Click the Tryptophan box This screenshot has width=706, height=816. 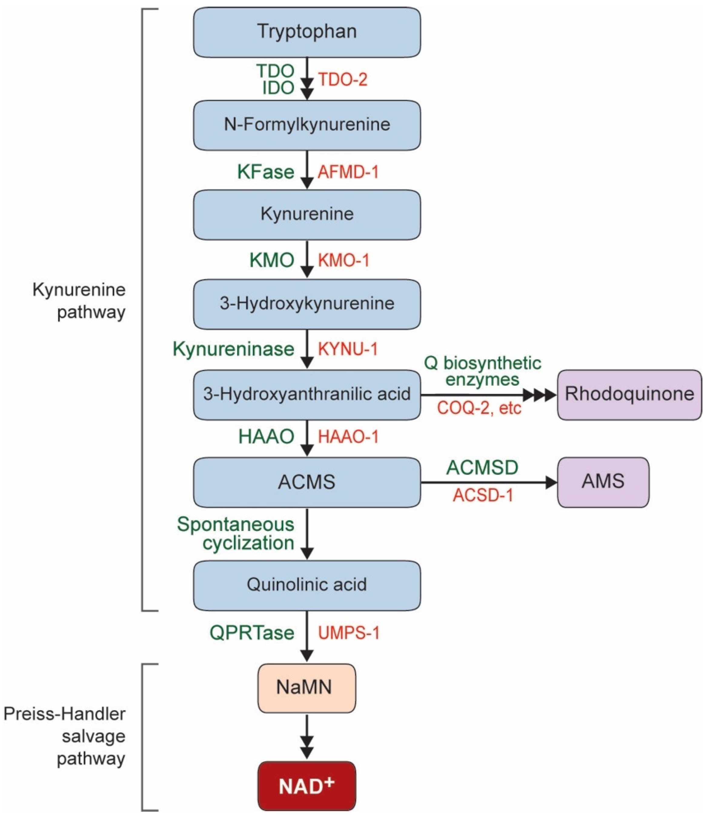307,32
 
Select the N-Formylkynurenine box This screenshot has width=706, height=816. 307,125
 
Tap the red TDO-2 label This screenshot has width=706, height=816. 342,80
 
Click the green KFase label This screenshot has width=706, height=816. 266,172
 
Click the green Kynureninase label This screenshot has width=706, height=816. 234,349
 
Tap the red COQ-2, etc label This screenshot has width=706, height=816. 479,408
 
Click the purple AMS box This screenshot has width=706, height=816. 603,482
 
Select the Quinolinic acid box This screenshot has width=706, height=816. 307,585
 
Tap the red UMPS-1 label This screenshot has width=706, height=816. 349,633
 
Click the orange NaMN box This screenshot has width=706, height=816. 307,687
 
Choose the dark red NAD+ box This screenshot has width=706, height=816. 307,786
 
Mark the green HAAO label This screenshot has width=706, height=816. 266,437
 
